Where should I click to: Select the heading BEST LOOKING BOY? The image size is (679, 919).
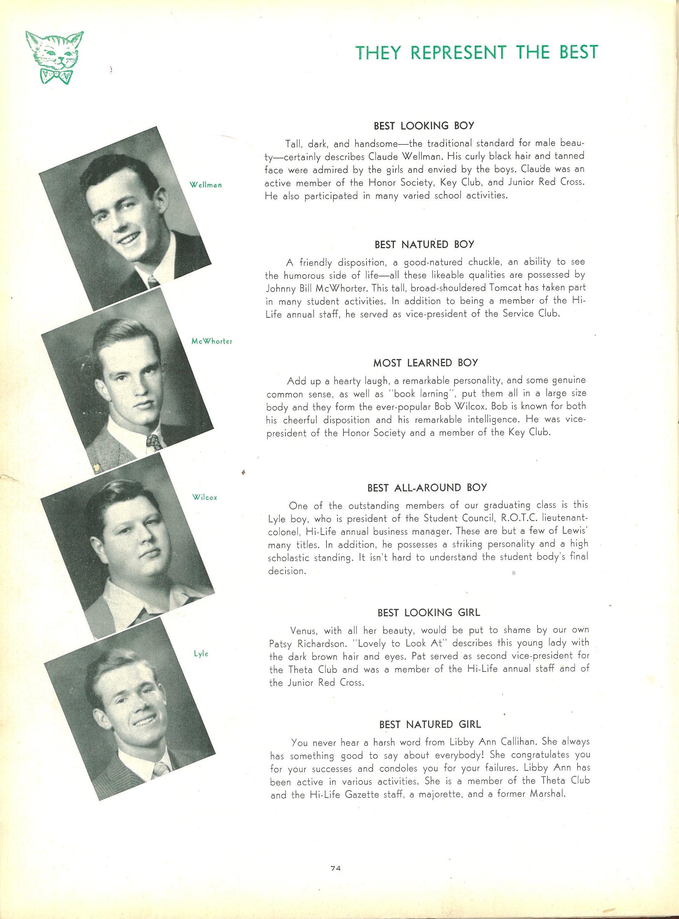pyautogui.click(x=424, y=126)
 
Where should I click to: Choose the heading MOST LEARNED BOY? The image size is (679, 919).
pyautogui.click(x=426, y=363)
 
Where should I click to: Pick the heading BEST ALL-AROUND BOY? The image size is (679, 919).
pyautogui.click(x=427, y=487)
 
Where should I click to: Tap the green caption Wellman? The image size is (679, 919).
pyautogui.click(x=206, y=185)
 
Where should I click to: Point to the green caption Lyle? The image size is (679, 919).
pyautogui.click(x=201, y=654)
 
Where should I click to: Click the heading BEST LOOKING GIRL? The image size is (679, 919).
pyautogui.click(x=428, y=613)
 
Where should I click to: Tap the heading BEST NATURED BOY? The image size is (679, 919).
pyautogui.click(x=424, y=245)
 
